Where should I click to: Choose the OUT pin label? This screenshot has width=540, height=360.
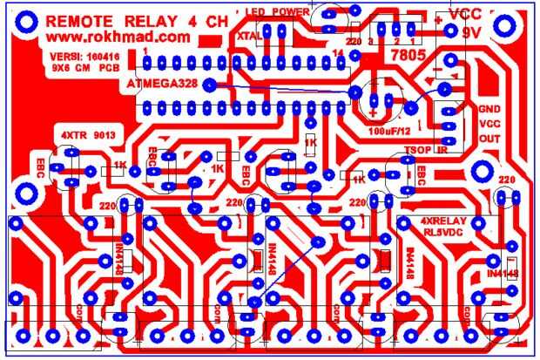(x=489, y=139)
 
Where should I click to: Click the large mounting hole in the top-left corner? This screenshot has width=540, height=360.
(x=23, y=20)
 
